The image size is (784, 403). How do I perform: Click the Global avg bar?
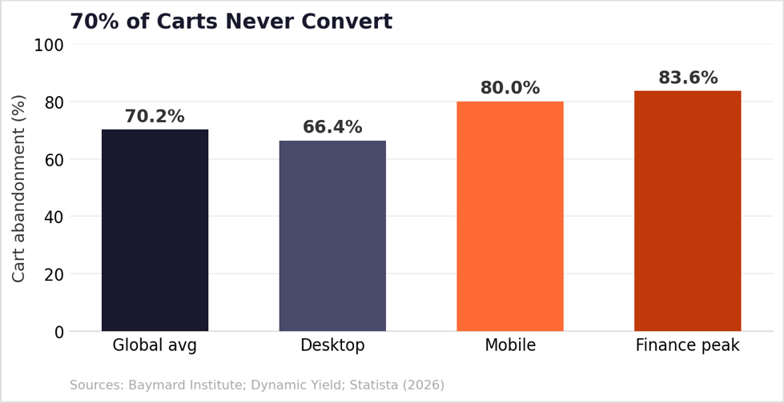coord(155,230)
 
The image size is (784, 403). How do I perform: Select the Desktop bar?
coord(332,236)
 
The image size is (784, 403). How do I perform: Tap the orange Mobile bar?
coord(510,216)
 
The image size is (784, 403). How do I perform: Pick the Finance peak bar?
coord(687,211)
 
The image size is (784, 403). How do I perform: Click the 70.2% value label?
coord(155,117)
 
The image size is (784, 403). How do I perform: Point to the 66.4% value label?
coord(332,127)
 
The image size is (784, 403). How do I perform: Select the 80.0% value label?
coord(510,88)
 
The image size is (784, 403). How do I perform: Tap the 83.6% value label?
coord(688,78)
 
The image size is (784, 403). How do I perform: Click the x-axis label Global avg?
coord(155,345)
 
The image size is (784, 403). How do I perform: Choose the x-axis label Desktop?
coord(332,345)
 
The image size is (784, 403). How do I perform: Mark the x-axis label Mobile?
coord(510,345)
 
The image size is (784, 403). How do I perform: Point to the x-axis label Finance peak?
coord(687,345)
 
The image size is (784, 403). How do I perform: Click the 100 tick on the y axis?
coord(49,46)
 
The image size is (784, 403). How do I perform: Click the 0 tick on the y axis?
coord(59,332)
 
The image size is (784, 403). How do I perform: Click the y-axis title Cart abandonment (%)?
coord(18,188)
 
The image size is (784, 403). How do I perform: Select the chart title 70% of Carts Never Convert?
coord(231,22)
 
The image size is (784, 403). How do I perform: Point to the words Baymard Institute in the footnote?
coord(187,385)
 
